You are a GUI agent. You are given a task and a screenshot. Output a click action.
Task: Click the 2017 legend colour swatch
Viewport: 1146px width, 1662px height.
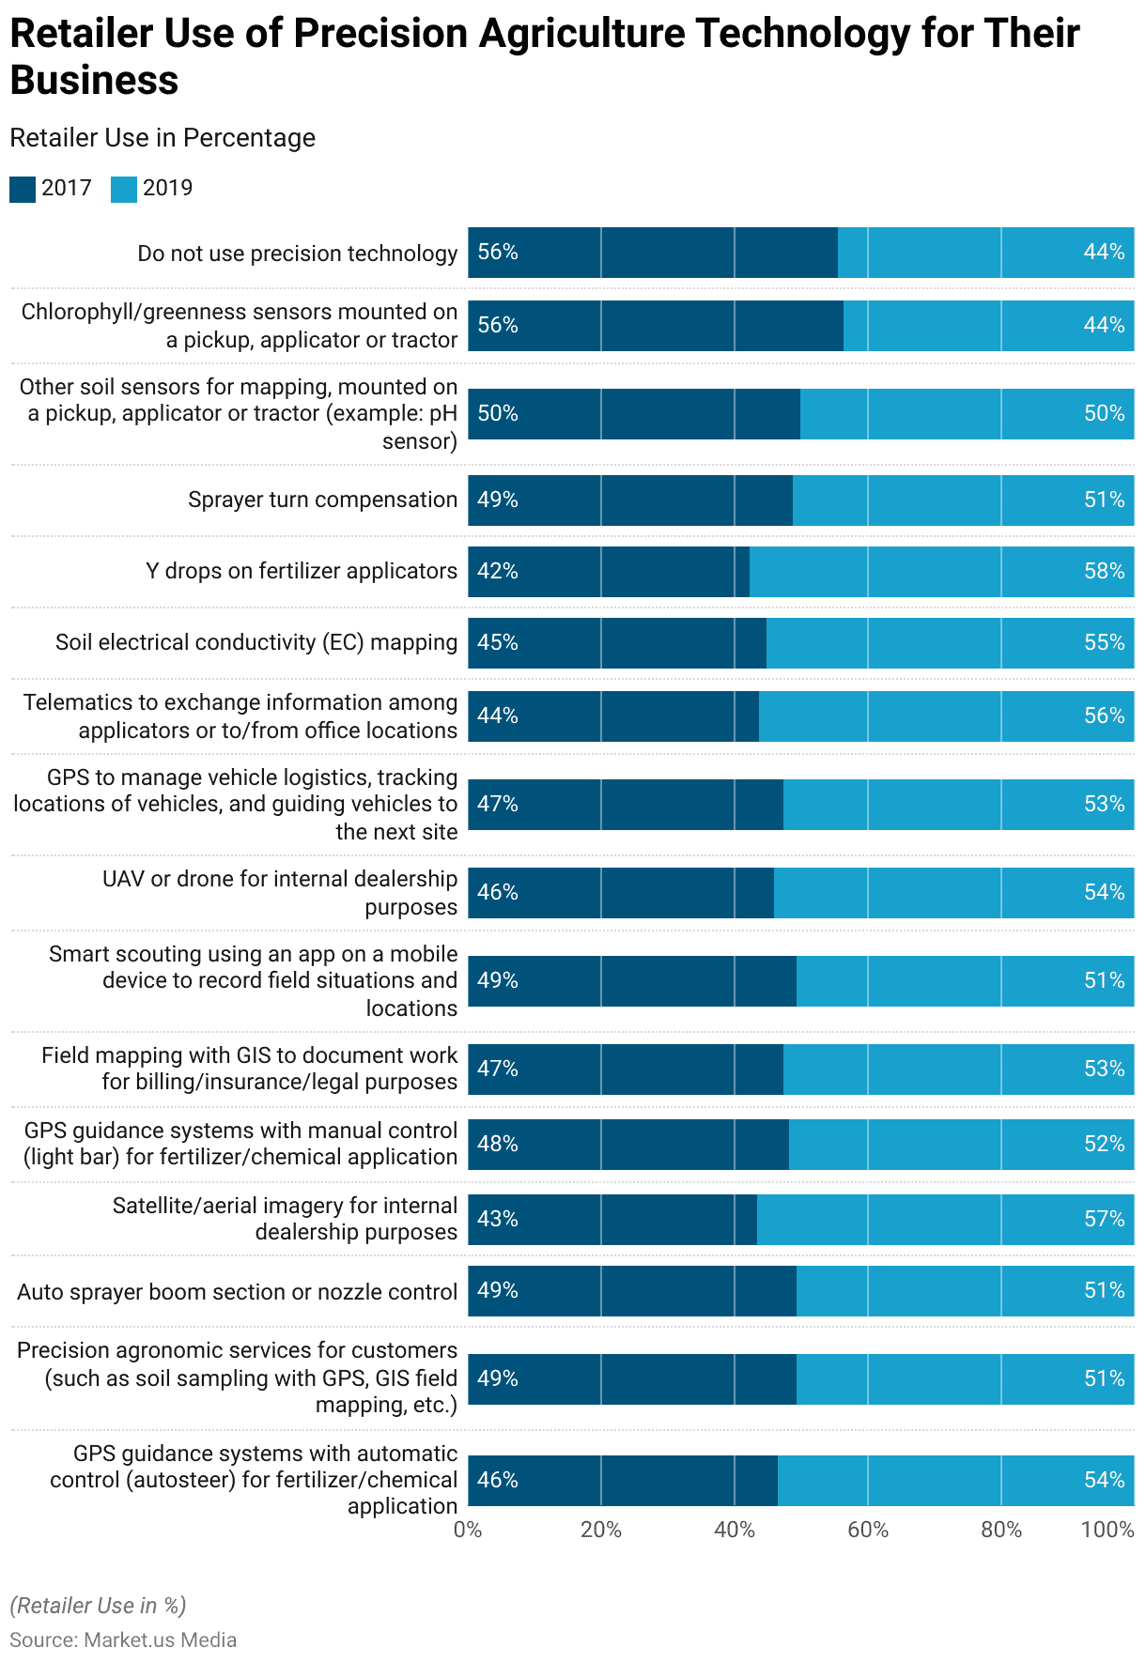pos(23,189)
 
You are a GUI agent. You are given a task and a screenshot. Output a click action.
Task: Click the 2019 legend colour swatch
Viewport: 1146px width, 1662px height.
pos(124,189)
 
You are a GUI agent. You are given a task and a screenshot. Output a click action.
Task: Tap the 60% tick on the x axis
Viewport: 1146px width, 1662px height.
pos(867,1530)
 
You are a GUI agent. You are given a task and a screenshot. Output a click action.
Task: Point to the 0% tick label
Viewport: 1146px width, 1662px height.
pos(468,1530)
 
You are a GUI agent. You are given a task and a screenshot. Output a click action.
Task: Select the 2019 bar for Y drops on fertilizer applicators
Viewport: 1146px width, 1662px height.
pos(941,572)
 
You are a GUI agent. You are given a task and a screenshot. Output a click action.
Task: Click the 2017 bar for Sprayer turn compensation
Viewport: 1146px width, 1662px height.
pos(630,500)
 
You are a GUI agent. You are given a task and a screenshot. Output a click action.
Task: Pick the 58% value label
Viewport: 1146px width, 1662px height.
pos(1104,572)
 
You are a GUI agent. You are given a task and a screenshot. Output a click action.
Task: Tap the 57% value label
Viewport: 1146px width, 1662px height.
pos(1104,1220)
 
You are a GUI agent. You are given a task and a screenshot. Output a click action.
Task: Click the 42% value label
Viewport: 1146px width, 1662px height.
pos(498,572)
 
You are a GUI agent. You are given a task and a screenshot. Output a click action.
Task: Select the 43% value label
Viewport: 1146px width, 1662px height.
pos(498,1220)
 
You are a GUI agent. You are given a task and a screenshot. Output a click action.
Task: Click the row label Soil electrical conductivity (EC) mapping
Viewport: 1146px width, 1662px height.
pos(256,642)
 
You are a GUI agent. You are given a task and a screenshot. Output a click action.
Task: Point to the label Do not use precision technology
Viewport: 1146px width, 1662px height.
pos(297,254)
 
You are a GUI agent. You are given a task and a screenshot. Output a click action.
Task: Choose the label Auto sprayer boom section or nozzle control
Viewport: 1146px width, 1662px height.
pos(237,1292)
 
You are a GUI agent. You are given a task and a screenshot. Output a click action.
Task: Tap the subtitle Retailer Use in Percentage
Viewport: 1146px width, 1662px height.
pos(163,138)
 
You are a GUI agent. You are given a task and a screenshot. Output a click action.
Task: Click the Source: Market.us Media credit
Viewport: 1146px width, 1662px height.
pos(123,1639)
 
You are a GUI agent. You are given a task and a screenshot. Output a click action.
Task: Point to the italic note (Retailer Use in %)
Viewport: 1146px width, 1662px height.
pos(98,1605)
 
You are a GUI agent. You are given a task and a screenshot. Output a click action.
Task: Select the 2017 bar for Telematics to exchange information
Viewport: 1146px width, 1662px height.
pos(613,716)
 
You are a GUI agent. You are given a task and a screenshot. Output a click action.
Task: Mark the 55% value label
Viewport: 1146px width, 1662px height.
pos(1104,643)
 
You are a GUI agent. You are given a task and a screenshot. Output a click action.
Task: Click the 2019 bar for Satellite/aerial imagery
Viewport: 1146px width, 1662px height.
pos(945,1220)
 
